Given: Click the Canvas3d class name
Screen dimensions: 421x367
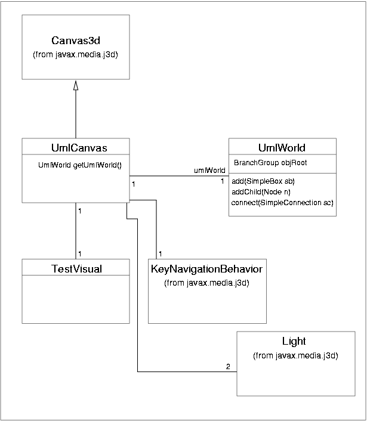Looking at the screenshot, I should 76,42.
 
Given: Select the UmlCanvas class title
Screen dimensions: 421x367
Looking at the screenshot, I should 76,147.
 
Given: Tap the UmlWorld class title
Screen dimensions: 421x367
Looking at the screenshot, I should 282,147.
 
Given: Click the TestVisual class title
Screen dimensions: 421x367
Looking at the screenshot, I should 76,269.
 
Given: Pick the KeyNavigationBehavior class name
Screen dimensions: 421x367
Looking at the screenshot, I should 206,269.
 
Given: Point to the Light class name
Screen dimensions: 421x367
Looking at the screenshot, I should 294,341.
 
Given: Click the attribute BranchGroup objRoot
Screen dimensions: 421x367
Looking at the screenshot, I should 270,162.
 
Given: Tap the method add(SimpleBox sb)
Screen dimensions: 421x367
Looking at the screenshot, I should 263,181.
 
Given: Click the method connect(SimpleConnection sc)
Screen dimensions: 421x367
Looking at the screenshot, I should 282,203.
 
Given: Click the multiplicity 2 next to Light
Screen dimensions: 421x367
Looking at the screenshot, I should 228,366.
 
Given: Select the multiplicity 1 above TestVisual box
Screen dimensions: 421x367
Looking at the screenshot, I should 80,253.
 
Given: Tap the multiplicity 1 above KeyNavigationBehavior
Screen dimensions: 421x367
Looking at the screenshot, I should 161,253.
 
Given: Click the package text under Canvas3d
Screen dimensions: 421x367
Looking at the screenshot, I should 76,55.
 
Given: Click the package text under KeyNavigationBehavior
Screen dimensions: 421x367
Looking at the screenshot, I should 206,283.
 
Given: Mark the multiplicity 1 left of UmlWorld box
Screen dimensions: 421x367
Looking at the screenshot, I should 223,181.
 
